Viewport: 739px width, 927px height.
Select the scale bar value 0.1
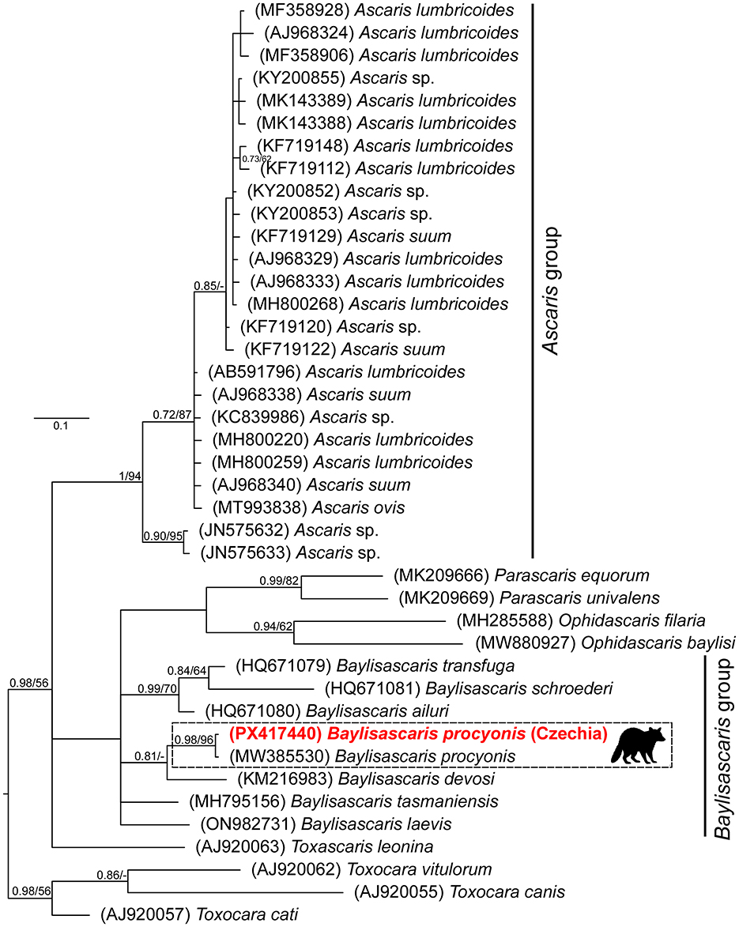point(60,426)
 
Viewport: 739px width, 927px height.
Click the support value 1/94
point(124,474)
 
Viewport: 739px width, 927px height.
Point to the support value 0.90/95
point(162,537)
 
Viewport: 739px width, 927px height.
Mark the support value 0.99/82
point(281,581)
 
